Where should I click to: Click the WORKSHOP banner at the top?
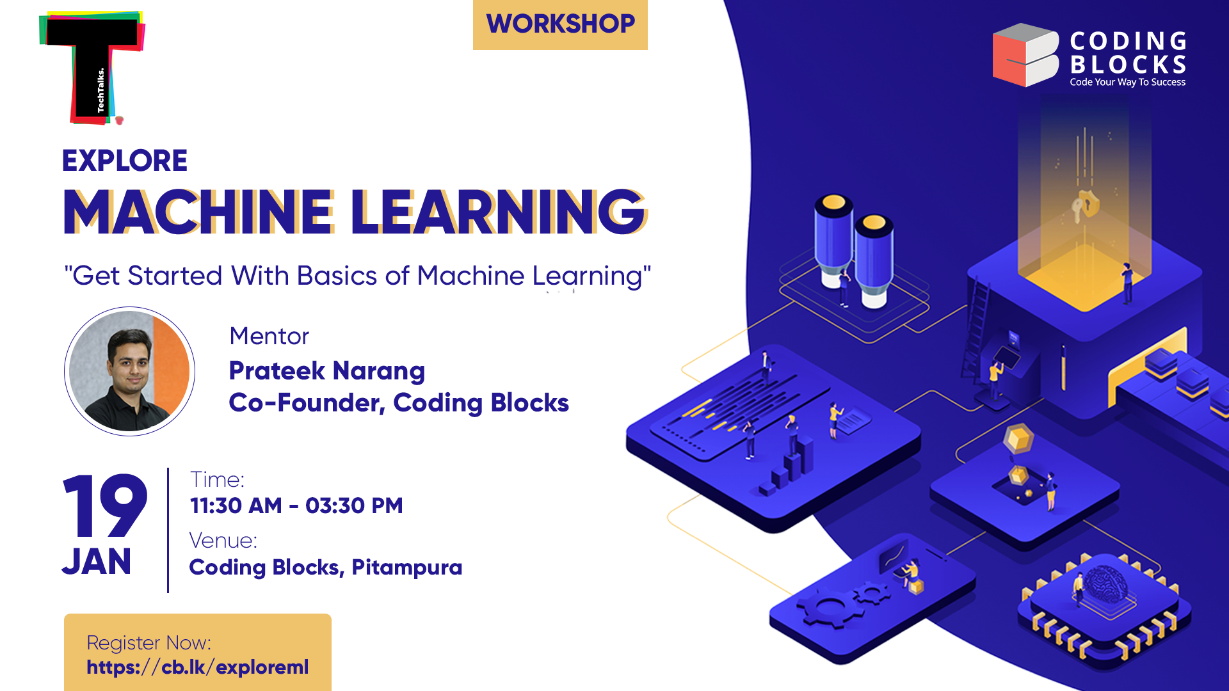560,24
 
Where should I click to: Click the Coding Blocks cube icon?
1025,55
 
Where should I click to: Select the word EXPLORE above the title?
125,161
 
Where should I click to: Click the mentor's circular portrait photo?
129,371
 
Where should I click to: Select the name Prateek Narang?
327,371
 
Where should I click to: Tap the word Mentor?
269,337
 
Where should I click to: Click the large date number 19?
106,507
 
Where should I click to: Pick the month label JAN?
97,562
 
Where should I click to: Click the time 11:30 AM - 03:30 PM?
296,506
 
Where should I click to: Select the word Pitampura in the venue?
407,568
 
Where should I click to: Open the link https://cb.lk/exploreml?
198,667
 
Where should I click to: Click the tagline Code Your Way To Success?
1127,83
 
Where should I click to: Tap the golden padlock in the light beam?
1086,205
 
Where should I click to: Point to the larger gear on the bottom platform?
826,608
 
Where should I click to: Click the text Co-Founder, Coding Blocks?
399,403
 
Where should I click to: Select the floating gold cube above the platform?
1018,440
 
